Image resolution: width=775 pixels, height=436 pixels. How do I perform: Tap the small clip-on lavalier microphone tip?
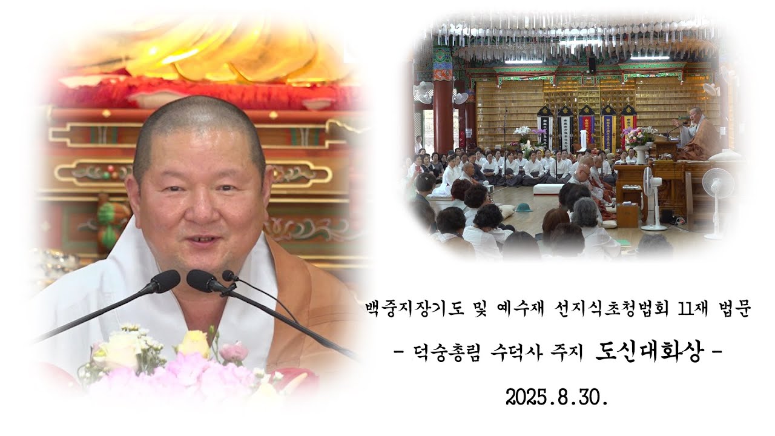pos(229,276)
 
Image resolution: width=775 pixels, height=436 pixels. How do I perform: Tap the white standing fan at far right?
pos(718,188)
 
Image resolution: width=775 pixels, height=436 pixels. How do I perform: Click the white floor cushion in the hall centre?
pos(548,188)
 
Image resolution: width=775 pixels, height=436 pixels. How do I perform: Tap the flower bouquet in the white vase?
pos(639,136)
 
